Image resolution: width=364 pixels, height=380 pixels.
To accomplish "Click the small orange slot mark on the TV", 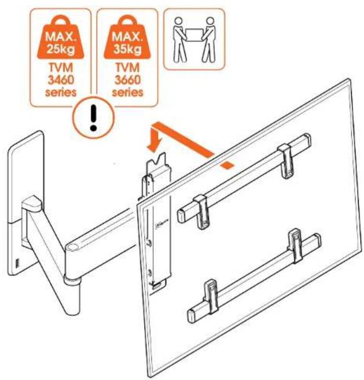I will [x=229, y=165].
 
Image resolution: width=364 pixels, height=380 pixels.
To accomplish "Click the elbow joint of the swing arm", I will [x=73, y=250].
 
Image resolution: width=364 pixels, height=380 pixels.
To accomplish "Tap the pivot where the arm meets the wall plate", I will [x=32, y=206].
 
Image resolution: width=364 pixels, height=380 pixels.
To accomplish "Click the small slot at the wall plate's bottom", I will [x=16, y=263].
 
